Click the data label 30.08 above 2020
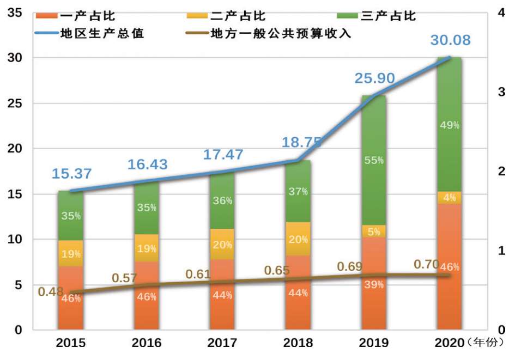click(x=450, y=41)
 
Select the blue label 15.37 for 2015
click(x=72, y=174)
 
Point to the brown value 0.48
click(x=51, y=292)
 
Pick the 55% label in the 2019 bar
click(x=374, y=160)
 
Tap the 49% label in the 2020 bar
click(x=450, y=125)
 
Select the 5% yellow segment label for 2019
click(x=374, y=231)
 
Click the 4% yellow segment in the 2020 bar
click(x=450, y=198)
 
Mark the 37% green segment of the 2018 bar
click(x=299, y=191)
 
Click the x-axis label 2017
click(x=223, y=343)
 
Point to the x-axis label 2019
click(x=374, y=343)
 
